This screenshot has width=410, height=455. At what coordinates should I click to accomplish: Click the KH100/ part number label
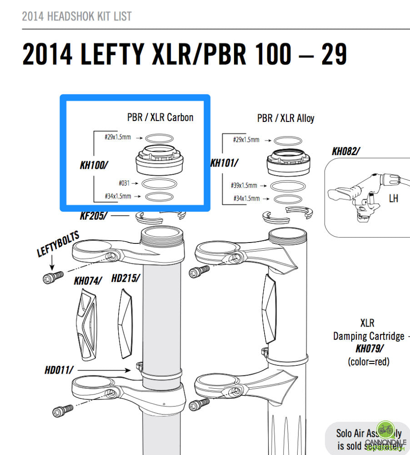(x=94, y=165)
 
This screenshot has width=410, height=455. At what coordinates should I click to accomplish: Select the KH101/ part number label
(x=224, y=162)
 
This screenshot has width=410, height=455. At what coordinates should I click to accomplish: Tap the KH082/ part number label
(x=346, y=152)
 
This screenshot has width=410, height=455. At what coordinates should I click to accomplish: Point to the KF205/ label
(x=94, y=216)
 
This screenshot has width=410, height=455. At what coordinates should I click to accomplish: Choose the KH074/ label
(x=88, y=281)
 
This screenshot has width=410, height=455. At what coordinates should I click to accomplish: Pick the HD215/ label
(x=125, y=278)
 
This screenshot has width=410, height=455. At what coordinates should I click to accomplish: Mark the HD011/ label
(x=59, y=370)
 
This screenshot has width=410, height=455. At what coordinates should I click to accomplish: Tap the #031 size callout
(x=124, y=183)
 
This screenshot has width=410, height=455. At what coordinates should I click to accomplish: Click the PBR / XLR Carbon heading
(x=160, y=117)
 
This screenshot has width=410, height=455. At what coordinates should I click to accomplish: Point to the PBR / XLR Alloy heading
(x=285, y=118)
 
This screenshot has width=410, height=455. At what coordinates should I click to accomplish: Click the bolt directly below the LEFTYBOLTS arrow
(x=53, y=278)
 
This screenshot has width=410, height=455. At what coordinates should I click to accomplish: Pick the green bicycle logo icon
(x=385, y=429)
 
